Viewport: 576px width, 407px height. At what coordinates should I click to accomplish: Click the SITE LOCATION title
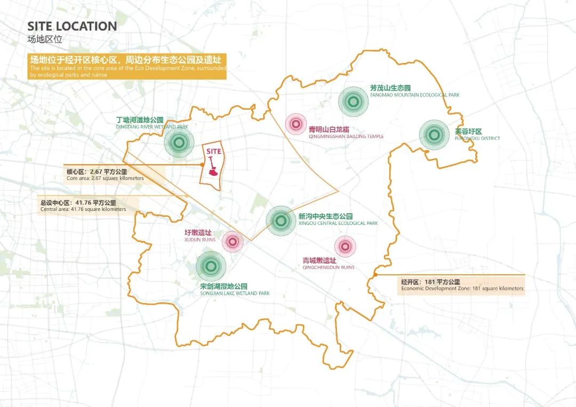pyautogui.click(x=72, y=26)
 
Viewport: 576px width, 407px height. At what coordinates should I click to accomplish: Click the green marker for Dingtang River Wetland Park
pyautogui.click(x=179, y=142)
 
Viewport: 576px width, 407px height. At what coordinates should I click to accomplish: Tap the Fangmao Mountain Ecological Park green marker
pyautogui.click(x=352, y=101)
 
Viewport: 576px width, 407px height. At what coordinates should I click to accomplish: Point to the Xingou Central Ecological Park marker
pyautogui.click(x=280, y=221)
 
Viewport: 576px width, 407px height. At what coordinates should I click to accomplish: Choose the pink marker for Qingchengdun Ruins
pyautogui.click(x=345, y=246)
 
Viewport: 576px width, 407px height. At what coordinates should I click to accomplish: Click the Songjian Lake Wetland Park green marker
pyautogui.click(x=211, y=266)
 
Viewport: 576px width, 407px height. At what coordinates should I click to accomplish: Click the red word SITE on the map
pyautogui.click(x=213, y=151)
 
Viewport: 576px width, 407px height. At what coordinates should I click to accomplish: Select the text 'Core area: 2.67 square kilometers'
pyautogui.click(x=105, y=178)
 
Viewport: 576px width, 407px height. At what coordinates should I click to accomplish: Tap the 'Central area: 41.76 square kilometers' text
pyautogui.click(x=83, y=209)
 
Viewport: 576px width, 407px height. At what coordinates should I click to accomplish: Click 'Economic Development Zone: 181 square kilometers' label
pyautogui.click(x=462, y=289)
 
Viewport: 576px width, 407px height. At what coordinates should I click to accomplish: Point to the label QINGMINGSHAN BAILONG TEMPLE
pyautogui.click(x=346, y=136)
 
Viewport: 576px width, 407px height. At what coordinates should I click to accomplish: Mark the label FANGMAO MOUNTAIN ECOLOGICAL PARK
pyautogui.click(x=414, y=95)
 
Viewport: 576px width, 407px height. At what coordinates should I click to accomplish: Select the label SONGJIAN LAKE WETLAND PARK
pyautogui.click(x=235, y=294)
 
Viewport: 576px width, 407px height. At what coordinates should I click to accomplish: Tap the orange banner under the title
pyautogui.click(x=127, y=67)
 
